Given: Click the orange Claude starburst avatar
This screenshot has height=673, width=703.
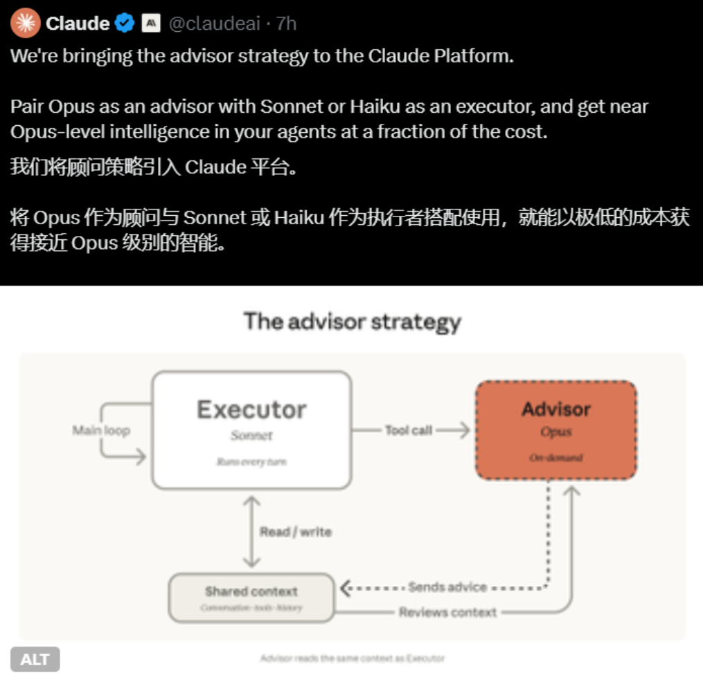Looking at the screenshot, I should pyautogui.click(x=25, y=24).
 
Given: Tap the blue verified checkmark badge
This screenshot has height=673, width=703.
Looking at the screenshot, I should pyautogui.click(x=125, y=24).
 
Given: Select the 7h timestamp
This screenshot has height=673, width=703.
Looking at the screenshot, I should pyautogui.click(x=286, y=24).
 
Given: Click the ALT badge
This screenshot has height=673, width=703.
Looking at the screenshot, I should pyautogui.click(x=35, y=659).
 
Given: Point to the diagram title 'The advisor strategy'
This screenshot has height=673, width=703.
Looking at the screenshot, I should pyautogui.click(x=352, y=322).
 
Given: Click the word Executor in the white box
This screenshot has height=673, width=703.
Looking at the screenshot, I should pyautogui.click(x=251, y=409).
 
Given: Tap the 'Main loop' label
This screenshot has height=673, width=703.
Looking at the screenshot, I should pyautogui.click(x=101, y=430).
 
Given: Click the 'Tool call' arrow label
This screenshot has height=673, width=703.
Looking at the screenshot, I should pyautogui.click(x=409, y=430).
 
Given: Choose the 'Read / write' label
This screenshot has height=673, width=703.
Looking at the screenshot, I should pyautogui.click(x=296, y=532).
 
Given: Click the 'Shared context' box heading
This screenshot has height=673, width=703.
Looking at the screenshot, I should pyautogui.click(x=251, y=591).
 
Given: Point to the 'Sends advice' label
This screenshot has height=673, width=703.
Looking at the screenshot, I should pyautogui.click(x=447, y=587).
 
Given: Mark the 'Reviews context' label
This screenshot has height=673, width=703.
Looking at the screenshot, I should pyautogui.click(x=447, y=612).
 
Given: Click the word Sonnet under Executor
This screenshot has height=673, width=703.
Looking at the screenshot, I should pyautogui.click(x=251, y=436).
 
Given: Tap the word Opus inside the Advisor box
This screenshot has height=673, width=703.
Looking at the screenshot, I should pyautogui.click(x=555, y=432).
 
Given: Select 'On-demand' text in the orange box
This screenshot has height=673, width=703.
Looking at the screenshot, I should pyautogui.click(x=555, y=457).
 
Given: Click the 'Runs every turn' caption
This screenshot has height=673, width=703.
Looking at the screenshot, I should pyautogui.click(x=251, y=461).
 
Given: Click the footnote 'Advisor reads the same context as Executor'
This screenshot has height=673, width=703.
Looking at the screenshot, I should pyautogui.click(x=352, y=658).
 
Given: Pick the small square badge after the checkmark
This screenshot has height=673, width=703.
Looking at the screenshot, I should pyautogui.click(x=150, y=24).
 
